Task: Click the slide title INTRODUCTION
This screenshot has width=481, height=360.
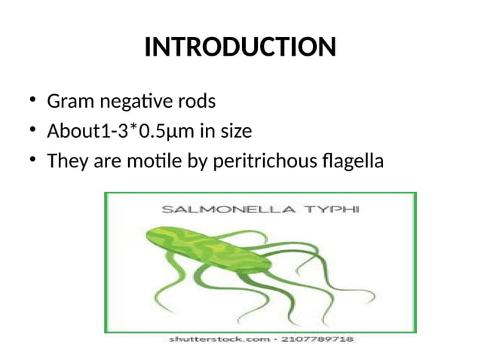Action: pos(240,47)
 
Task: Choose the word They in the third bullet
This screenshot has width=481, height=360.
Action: pos(65,161)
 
